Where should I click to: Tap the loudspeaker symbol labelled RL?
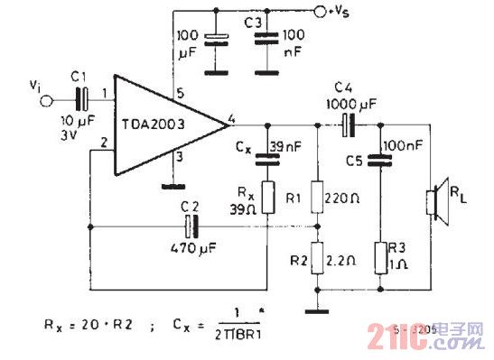433,199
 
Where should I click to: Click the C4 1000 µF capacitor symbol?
346,122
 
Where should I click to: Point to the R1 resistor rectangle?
317,196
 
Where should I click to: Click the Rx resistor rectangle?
267,195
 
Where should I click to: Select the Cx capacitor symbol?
267,157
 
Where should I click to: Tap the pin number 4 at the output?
233,115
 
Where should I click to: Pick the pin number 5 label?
180,91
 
